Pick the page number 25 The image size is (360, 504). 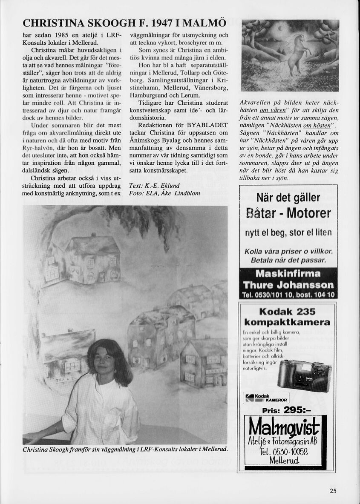click(333, 491)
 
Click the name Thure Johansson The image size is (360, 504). click(288, 285)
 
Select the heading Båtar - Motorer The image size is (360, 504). click(288, 213)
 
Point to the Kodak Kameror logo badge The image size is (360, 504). click(266, 398)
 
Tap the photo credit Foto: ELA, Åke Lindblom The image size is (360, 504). click(164, 193)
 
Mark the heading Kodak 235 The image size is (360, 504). click(288, 311)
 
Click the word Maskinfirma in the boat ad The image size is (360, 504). click(288, 274)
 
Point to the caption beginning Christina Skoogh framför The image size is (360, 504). click(125, 450)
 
